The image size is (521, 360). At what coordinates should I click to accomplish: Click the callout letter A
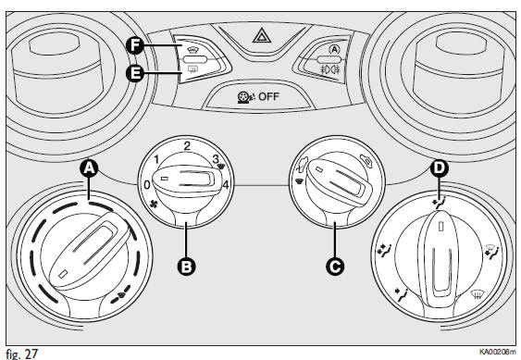click(x=89, y=168)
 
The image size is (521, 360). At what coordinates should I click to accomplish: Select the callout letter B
click(x=186, y=267)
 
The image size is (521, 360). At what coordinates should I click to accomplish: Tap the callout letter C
click(x=335, y=267)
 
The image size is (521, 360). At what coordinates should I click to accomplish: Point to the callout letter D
click(x=440, y=168)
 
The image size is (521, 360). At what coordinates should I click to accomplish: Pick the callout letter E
click(x=135, y=73)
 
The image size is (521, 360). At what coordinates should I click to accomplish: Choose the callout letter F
click(x=135, y=45)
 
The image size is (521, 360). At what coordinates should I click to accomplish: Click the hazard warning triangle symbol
click(x=262, y=35)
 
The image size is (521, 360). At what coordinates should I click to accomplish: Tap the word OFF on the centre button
click(x=268, y=97)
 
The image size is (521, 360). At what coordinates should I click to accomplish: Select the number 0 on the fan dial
click(x=147, y=185)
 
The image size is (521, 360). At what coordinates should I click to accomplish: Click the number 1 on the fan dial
click(x=156, y=159)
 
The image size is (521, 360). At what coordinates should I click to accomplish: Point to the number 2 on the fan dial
click(x=187, y=145)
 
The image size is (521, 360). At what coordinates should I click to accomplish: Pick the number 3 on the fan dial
click(x=216, y=159)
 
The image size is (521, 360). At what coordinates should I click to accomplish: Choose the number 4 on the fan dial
click(x=226, y=184)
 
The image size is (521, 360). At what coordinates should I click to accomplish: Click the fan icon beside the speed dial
click(x=154, y=205)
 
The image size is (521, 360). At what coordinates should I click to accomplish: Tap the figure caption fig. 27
click(x=22, y=354)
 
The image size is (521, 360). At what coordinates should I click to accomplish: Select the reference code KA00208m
click(x=498, y=352)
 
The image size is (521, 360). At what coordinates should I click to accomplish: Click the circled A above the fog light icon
click(x=334, y=50)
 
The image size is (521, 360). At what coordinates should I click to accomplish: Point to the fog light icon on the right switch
click(x=329, y=69)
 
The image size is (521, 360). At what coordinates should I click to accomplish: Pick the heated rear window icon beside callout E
click(x=192, y=68)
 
